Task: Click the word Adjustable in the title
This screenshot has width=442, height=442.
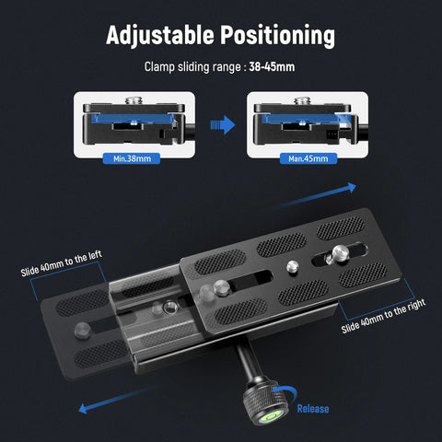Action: [159, 35]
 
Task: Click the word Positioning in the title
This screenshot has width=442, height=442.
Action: [278, 35]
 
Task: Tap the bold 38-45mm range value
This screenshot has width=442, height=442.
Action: [272, 67]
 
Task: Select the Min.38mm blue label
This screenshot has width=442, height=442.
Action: [132, 158]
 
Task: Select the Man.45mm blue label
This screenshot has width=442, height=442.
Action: [308, 158]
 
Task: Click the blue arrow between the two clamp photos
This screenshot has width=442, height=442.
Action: [223, 125]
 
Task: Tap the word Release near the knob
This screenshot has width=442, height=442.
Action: [313, 409]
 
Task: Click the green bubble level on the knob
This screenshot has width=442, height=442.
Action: [272, 417]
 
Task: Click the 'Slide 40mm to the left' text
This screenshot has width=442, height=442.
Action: [62, 263]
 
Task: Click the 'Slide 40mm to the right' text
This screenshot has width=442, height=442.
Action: [383, 316]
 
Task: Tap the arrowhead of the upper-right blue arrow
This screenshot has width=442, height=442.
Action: [352, 187]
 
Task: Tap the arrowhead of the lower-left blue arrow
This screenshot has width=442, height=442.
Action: [83, 409]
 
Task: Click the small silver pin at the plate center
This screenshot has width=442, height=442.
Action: [293, 266]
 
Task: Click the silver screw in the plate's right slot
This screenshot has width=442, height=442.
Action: [340, 252]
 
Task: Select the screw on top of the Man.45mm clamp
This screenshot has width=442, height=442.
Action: [303, 100]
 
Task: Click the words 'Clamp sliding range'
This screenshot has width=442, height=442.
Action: [192, 67]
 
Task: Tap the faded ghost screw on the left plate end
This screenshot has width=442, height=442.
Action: [82, 330]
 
